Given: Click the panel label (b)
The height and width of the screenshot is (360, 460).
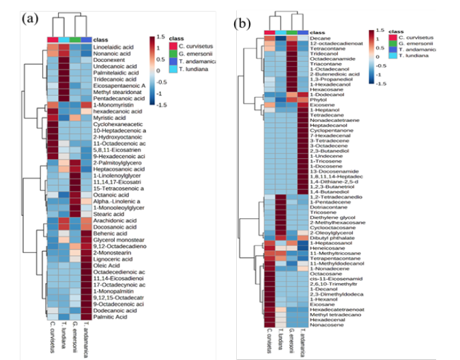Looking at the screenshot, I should coord(242,24).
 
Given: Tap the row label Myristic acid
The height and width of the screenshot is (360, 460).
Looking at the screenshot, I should coord(108,118).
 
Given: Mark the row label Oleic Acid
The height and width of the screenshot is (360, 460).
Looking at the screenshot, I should coord(104,264).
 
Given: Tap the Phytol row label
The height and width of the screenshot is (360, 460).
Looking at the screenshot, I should coord(319,100).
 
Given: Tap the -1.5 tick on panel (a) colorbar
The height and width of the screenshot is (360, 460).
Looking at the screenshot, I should coord(160,105).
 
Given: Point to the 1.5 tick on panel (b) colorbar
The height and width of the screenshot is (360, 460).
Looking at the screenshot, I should coord(378,31).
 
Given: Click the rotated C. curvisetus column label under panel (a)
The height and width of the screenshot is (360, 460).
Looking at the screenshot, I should coord(53,336).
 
